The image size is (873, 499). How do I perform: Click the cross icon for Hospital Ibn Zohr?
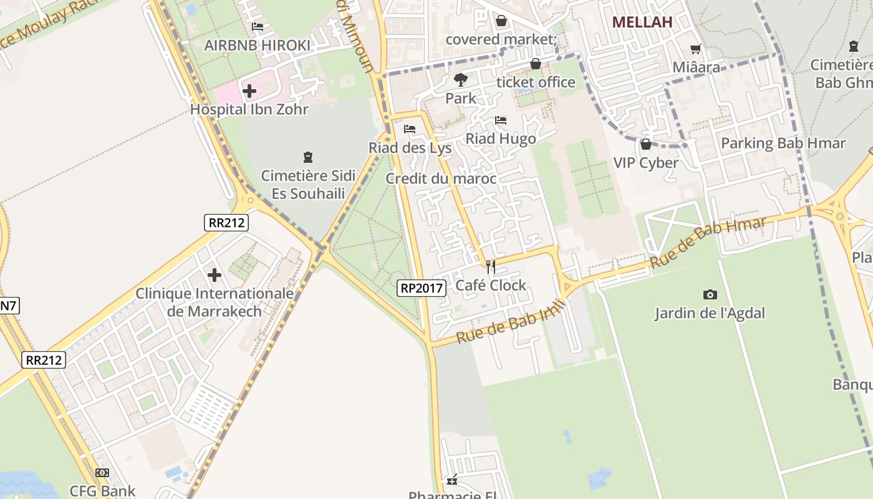click(249, 91)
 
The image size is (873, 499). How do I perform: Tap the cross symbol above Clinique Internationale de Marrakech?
click(215, 274)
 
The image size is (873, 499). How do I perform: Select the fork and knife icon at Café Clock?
click(491, 267)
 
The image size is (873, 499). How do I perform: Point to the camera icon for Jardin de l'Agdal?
click(710, 294)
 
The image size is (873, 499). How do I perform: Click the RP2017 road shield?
click(422, 288)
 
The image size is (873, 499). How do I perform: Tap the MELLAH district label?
click(642, 22)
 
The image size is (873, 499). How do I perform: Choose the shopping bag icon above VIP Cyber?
click(646, 144)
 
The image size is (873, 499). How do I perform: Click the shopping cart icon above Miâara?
click(696, 49)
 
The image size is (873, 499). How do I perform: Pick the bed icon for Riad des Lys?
click(410, 129)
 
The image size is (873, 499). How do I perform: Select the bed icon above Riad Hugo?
click(501, 120)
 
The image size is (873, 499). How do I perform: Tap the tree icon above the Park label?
click(461, 79)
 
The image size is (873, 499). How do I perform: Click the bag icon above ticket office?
click(535, 64)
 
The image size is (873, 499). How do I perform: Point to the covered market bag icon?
click(501, 21)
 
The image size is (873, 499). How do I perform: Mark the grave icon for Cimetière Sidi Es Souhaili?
click(307, 157)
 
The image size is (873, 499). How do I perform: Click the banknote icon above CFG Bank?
click(102, 473)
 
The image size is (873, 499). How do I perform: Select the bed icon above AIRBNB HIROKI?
click(257, 27)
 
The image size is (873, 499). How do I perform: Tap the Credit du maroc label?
click(441, 179)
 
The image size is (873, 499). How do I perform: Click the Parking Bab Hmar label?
click(783, 143)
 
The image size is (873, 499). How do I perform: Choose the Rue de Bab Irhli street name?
click(510, 321)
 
